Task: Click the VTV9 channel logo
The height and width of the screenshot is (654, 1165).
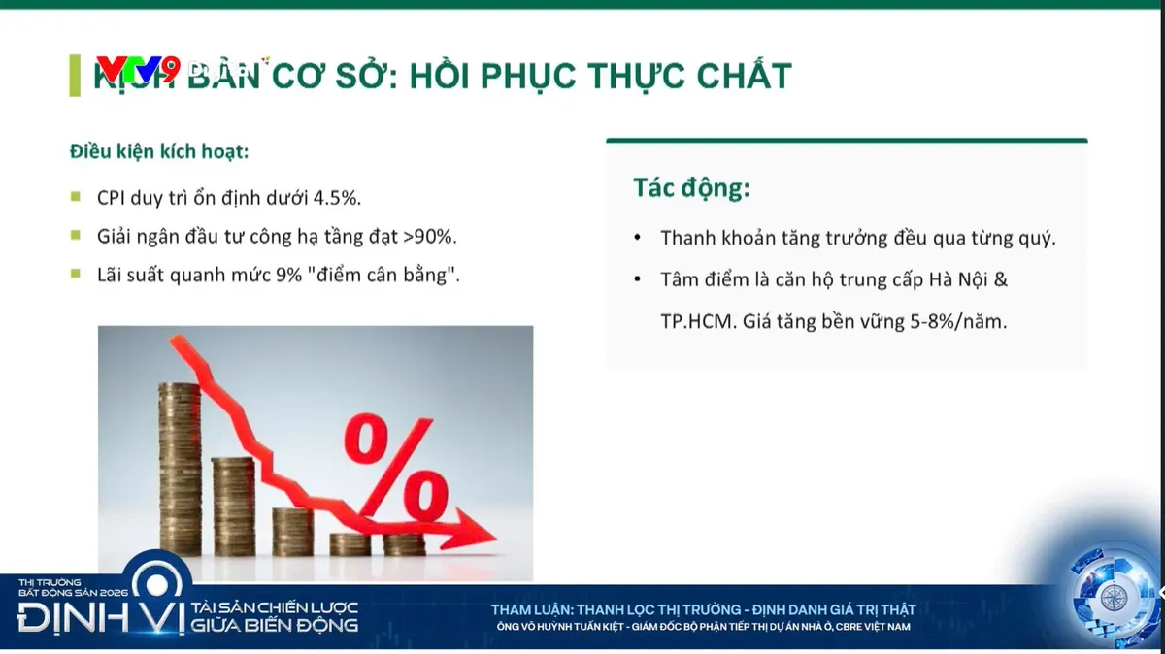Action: click(x=137, y=70)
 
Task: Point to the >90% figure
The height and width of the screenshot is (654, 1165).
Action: click(x=429, y=236)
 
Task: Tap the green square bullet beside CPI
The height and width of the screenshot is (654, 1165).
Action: click(x=76, y=197)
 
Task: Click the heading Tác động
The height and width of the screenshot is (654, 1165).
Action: click(x=691, y=188)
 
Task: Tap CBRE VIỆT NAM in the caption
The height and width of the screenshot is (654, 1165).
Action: click(x=874, y=627)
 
